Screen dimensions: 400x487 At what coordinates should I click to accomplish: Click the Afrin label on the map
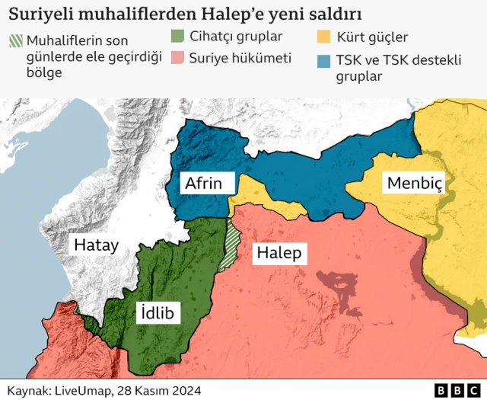pos(202,184)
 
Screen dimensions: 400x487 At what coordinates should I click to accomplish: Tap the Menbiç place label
pos(415,184)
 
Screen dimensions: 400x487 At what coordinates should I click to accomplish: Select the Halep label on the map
pos(279,253)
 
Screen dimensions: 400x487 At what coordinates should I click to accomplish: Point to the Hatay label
pos(95,245)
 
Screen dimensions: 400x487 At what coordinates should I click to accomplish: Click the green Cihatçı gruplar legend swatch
pos(177,36)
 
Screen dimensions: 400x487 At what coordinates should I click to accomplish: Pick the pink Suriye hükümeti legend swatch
pos(177,57)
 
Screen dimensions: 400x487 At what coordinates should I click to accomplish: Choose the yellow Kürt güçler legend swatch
pos(324,36)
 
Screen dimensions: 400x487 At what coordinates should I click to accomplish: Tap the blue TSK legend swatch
pos(324,60)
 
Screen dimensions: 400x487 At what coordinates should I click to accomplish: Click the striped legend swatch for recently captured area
pos(14,41)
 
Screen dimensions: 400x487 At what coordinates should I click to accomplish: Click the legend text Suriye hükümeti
pos(240,58)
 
